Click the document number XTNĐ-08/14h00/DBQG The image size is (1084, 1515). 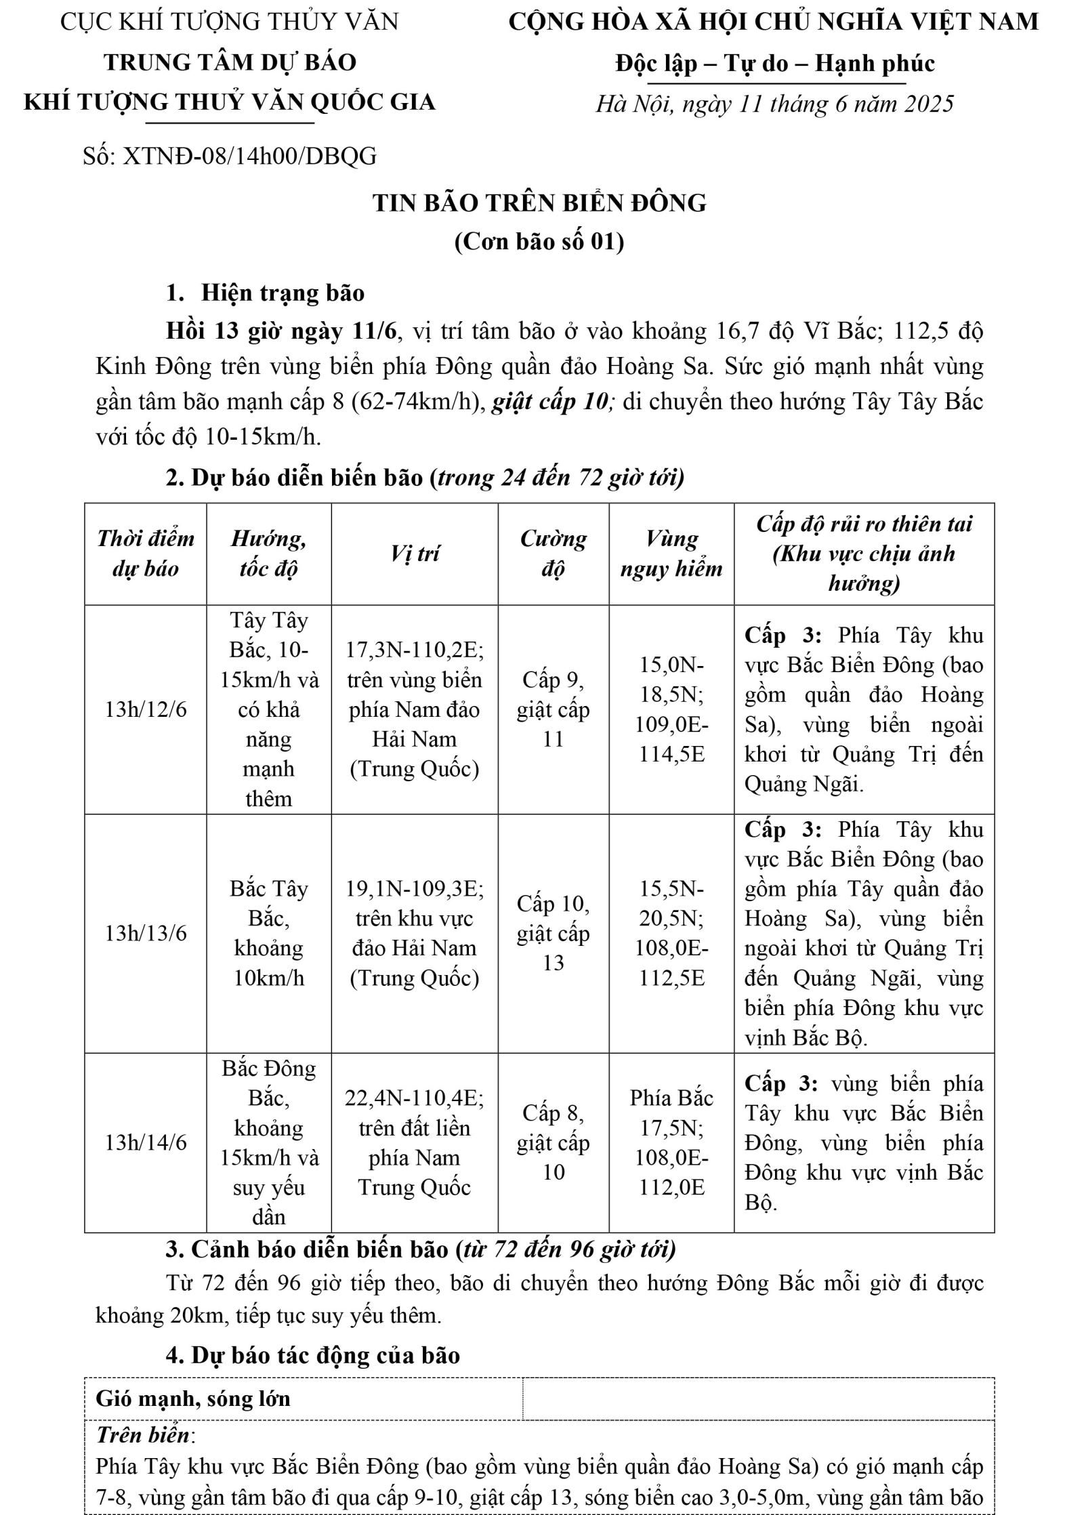[230, 157]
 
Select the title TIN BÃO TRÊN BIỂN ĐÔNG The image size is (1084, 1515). [539, 203]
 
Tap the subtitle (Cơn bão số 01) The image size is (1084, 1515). [539, 242]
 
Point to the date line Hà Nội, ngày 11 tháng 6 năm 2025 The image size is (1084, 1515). [774, 104]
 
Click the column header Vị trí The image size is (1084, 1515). [415, 554]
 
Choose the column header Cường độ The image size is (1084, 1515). [553, 554]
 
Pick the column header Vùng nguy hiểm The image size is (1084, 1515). [671, 554]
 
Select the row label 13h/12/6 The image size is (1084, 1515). [146, 709]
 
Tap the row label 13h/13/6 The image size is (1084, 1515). [146, 933]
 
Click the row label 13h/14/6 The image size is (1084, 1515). [146, 1142]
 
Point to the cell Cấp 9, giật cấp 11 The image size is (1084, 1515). [553, 709]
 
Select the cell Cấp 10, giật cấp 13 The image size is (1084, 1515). [553, 933]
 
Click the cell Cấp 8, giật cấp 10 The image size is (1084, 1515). [553, 1142]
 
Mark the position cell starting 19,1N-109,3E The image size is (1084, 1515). [415, 933]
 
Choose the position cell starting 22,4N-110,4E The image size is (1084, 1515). [415, 1142]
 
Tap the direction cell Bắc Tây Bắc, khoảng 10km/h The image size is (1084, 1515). [268, 933]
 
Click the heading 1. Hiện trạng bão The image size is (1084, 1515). [265, 293]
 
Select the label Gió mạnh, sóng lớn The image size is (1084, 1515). [193, 1398]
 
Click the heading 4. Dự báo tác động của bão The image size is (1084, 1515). [312, 1354]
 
